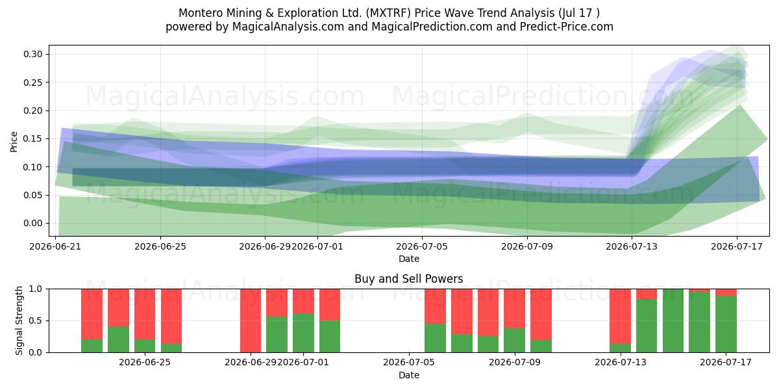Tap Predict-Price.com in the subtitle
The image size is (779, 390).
567,27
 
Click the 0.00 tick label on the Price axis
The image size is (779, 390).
33,223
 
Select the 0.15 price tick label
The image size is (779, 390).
33,138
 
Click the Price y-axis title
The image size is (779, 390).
14,142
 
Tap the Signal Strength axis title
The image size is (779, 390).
19,320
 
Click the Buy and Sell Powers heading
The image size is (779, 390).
408,279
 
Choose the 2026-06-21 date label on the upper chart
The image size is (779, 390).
55,246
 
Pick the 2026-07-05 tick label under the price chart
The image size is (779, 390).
422,246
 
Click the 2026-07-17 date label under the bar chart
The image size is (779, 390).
726,362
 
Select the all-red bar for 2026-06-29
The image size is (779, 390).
251,320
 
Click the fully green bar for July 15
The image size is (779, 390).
673,320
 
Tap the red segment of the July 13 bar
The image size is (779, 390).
620,316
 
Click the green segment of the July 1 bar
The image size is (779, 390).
303,333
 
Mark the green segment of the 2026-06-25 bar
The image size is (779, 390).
145,346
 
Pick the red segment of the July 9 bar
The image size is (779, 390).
514,309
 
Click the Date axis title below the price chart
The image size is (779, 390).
408,259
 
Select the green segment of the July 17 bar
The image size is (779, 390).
726,324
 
